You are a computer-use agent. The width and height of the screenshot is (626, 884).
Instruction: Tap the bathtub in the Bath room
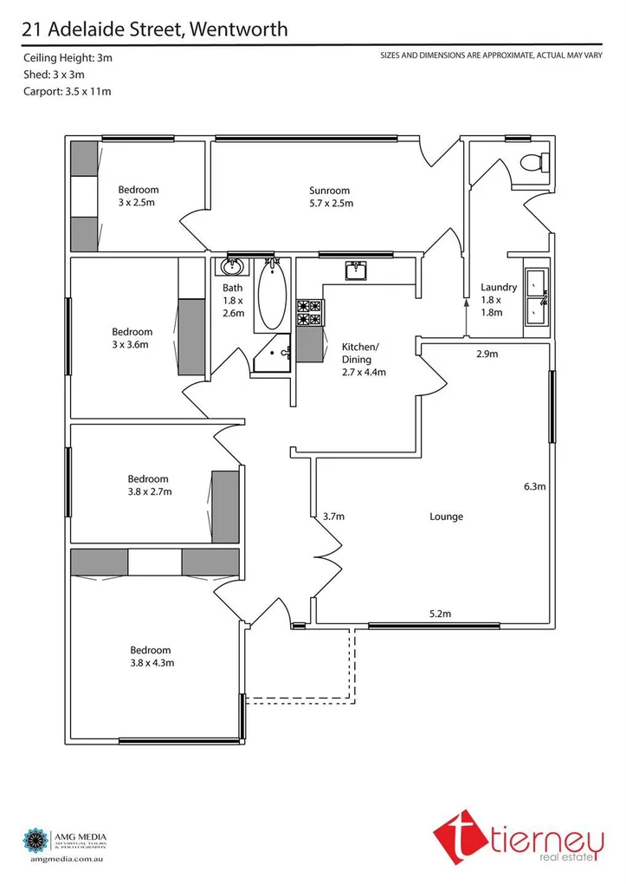(270, 294)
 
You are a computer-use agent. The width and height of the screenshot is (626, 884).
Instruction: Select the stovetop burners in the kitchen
(309, 313)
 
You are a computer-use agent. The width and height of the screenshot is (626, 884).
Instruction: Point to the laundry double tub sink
(536, 296)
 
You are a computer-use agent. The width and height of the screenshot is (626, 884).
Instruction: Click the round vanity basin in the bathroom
(232, 267)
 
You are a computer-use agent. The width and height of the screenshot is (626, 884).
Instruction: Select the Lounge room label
(446, 517)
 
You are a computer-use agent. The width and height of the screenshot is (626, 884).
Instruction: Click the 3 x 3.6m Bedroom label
(132, 337)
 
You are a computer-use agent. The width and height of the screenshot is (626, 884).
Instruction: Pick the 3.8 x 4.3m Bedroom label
(150, 656)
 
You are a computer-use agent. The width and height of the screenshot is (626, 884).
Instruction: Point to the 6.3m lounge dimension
(534, 486)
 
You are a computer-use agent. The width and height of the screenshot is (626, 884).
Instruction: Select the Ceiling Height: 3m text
(68, 57)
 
